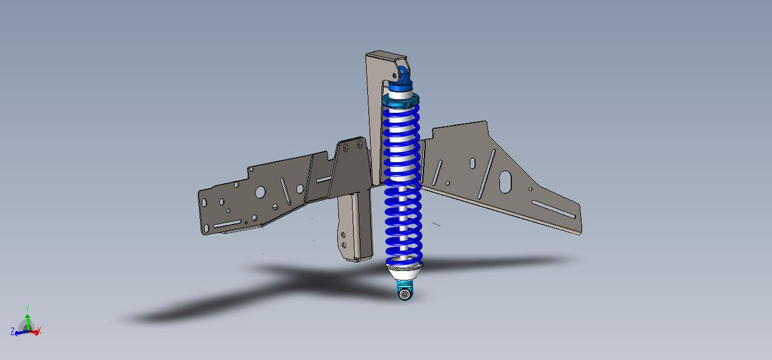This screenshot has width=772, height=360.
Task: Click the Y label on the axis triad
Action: pyautogui.click(x=27, y=309)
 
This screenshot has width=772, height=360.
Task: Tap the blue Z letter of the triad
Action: pyautogui.click(x=13, y=332)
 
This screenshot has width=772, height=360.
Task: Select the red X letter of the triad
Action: pyautogui.click(x=39, y=331)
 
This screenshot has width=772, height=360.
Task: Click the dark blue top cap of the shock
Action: pyautogui.click(x=400, y=79)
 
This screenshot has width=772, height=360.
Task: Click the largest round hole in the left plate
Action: pyautogui.click(x=260, y=192)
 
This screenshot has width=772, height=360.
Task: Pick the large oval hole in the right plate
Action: pyautogui.click(x=505, y=182)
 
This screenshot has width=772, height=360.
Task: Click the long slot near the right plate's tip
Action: pyautogui.click(x=554, y=209)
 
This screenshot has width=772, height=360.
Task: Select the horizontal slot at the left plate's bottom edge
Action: pyautogui.click(x=227, y=224)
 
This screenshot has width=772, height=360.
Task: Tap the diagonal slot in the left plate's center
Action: pyautogui.click(x=284, y=192)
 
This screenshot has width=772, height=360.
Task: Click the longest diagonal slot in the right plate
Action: pyautogui.click(x=487, y=174)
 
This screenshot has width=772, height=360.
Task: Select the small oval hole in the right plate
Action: pyautogui.click(x=472, y=163)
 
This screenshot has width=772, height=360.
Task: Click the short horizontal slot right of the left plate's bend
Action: pyautogui.click(x=324, y=179)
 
